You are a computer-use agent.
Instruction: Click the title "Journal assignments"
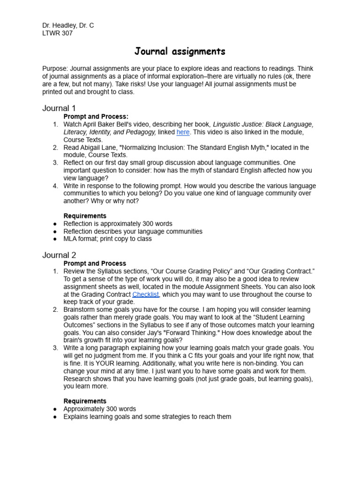click(180, 51)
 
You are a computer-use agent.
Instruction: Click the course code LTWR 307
click(57, 33)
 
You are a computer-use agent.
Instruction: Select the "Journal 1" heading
click(59, 108)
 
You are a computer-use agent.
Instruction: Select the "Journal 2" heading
click(59, 255)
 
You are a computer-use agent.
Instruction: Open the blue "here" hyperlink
click(183, 132)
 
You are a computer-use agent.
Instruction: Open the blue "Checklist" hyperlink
click(146, 294)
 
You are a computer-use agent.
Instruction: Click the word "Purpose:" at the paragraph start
click(55, 68)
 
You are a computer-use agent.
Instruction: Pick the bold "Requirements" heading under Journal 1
click(85, 216)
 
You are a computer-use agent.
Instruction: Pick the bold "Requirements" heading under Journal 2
click(85, 401)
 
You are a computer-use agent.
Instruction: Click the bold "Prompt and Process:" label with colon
click(96, 116)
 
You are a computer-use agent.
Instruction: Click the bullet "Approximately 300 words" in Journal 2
click(99, 409)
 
